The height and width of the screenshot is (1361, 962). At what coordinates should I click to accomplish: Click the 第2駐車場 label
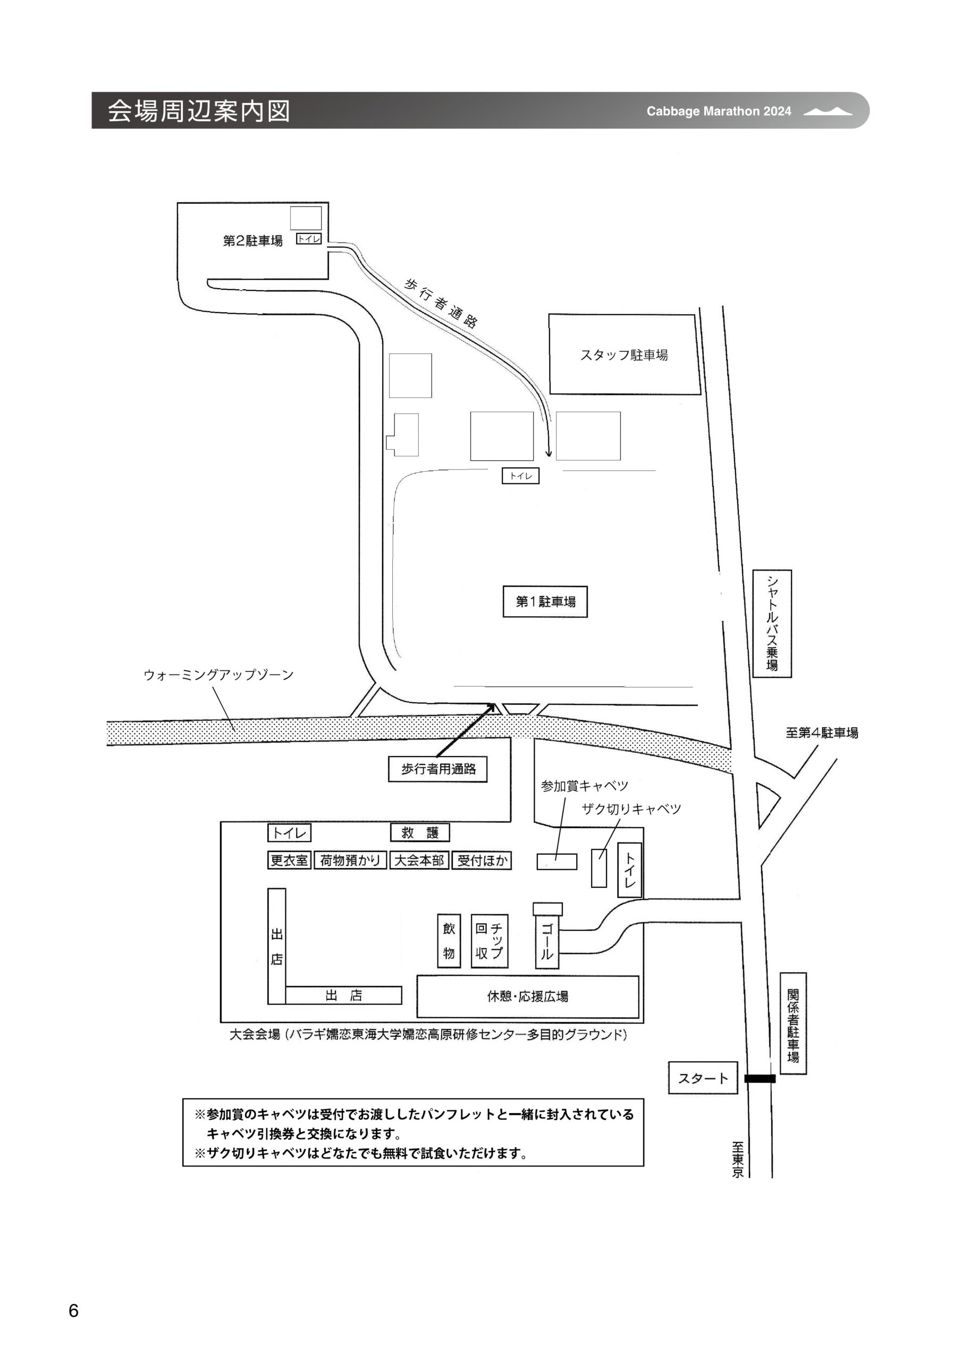pyautogui.click(x=252, y=241)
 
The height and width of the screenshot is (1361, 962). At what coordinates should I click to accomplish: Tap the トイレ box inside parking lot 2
pyautogui.click(x=309, y=239)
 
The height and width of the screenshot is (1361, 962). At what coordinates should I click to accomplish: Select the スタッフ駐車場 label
pyautogui.click(x=623, y=355)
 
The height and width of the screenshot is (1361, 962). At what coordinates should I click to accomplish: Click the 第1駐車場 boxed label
pyautogui.click(x=545, y=602)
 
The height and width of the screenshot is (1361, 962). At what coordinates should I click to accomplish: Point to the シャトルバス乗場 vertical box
pyautogui.click(x=772, y=624)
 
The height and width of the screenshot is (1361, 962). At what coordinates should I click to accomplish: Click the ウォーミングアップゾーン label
pyautogui.click(x=219, y=675)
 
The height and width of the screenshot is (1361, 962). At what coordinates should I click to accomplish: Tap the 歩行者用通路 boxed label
pyautogui.click(x=437, y=769)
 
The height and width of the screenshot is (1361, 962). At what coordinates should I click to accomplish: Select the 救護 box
pyautogui.click(x=420, y=832)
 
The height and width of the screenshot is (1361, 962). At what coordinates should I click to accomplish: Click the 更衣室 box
pyautogui.click(x=289, y=860)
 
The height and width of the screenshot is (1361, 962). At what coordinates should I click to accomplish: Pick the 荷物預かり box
pyautogui.click(x=350, y=860)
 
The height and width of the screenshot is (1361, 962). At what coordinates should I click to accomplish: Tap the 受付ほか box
pyautogui.click(x=482, y=860)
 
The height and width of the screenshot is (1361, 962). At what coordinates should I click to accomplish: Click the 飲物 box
pyautogui.click(x=449, y=940)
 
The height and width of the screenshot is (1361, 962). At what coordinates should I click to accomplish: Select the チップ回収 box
pyautogui.click(x=490, y=940)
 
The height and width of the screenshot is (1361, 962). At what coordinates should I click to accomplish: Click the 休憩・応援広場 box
pyautogui.click(x=528, y=996)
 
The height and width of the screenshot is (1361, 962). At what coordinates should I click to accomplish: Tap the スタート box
pyautogui.click(x=703, y=1078)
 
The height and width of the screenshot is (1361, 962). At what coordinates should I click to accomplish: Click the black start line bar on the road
pyautogui.click(x=760, y=1079)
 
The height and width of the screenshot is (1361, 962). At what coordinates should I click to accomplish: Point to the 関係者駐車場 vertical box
pyautogui.click(x=793, y=1024)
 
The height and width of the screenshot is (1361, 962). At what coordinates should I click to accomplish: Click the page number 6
pyautogui.click(x=73, y=1310)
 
